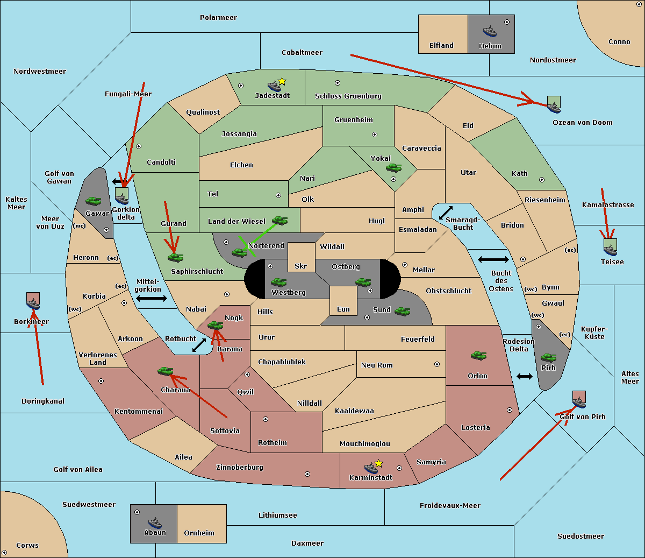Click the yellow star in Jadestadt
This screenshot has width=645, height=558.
pos(282,82)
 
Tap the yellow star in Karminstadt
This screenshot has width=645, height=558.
pos(378,463)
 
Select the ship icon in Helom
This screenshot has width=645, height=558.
pos(490,31)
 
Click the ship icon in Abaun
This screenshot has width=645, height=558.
pos(155,522)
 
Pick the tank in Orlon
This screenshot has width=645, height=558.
pos(479,356)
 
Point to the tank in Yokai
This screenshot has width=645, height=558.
pos(394,168)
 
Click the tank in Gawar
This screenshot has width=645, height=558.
pos(94,201)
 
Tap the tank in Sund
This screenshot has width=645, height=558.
pos(402,312)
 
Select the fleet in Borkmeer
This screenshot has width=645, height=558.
pos(33,301)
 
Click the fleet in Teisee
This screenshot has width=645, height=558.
pos(611,247)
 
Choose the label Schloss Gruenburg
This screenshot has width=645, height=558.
pos(348,96)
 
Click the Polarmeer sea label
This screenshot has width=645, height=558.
pos(218,18)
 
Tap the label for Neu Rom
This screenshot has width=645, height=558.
pos(377,365)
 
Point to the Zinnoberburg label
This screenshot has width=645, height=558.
pos(240,468)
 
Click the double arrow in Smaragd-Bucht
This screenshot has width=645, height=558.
pos(446,213)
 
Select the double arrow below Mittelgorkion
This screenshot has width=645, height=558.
pos(152,298)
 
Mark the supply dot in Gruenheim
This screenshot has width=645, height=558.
pos(375,135)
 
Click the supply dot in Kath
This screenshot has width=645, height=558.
pos(542,180)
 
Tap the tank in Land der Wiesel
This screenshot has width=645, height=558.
pos(279,220)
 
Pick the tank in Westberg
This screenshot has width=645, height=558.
pos(278,282)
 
